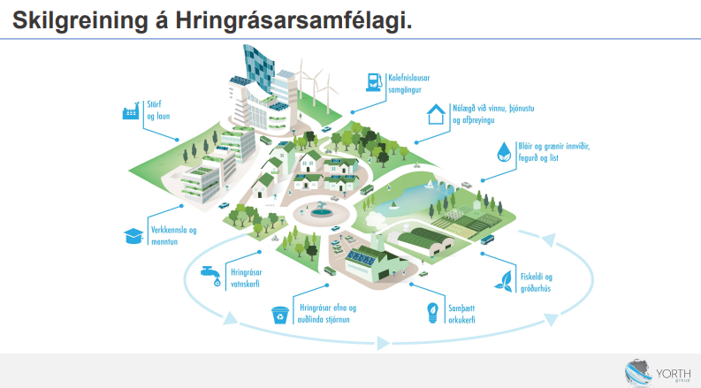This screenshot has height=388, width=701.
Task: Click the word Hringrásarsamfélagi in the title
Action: click(x=293, y=20)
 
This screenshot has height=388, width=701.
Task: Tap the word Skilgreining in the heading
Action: click(x=80, y=20)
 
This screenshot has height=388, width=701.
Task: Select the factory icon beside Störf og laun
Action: click(x=131, y=110)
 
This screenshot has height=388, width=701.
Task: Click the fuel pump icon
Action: click(x=374, y=83)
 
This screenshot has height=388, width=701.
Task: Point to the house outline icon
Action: click(x=436, y=114)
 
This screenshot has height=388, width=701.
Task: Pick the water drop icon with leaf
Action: click(x=504, y=152)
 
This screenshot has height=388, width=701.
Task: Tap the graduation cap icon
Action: click(x=133, y=236)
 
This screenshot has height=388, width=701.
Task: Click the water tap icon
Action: click(x=211, y=276)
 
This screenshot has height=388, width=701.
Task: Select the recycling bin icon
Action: click(x=280, y=315)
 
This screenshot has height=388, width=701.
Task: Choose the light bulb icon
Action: click(x=432, y=313)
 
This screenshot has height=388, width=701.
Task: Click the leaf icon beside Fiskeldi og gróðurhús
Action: click(x=504, y=282)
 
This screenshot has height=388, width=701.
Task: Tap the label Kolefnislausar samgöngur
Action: click(x=408, y=84)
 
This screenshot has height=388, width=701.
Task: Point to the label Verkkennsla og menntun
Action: click(x=173, y=236)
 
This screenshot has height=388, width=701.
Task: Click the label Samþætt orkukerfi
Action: click(x=461, y=314)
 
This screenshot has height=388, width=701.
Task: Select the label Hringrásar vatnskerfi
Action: click(x=246, y=278)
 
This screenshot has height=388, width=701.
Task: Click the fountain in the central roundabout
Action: click(x=320, y=210)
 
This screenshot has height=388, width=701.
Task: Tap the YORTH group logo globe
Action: click(x=637, y=372)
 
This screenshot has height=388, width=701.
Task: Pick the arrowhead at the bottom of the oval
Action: click(x=383, y=343)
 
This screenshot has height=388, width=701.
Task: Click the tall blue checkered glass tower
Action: click(x=258, y=68)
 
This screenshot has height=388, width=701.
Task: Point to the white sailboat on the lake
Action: click(x=431, y=184)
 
